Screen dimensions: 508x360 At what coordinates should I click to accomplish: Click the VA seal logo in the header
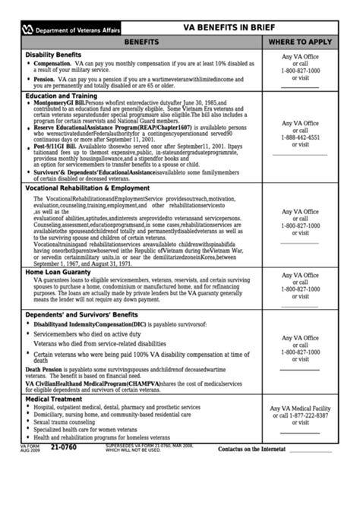click(29, 30)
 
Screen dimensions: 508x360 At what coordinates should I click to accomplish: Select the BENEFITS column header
click(141, 43)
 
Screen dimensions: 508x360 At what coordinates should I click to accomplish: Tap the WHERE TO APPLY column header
click(300, 43)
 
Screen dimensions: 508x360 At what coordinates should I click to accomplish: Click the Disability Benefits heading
click(53, 55)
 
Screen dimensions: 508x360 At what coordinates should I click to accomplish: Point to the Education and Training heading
click(61, 96)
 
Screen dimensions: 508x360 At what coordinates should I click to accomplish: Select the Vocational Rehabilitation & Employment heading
click(87, 188)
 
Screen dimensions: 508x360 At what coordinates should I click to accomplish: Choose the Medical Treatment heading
click(54, 399)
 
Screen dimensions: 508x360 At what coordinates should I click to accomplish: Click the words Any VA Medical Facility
click(301, 409)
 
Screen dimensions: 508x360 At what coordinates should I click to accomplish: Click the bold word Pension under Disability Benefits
click(44, 79)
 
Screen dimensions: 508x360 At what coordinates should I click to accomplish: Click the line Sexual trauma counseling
click(67, 421)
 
